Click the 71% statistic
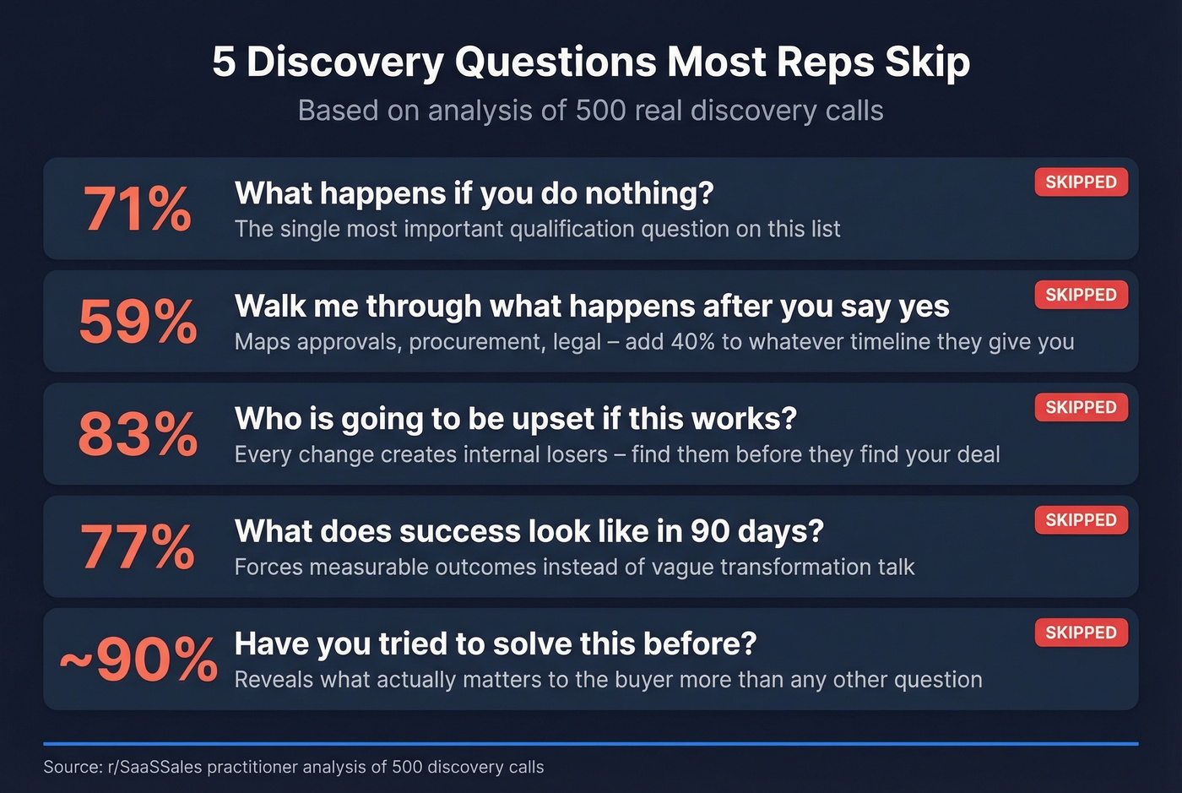coord(137,209)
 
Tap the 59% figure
coord(138,322)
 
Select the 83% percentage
coord(138,434)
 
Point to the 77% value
coord(138,547)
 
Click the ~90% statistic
coord(138,660)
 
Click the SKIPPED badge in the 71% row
coord(1081,182)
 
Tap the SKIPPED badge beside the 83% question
coord(1081,408)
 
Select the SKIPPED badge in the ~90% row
coord(1081,633)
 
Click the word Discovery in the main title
coord(344,62)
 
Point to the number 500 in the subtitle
coord(599,111)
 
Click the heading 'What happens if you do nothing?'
coord(474,193)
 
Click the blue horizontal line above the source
coord(591,743)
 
